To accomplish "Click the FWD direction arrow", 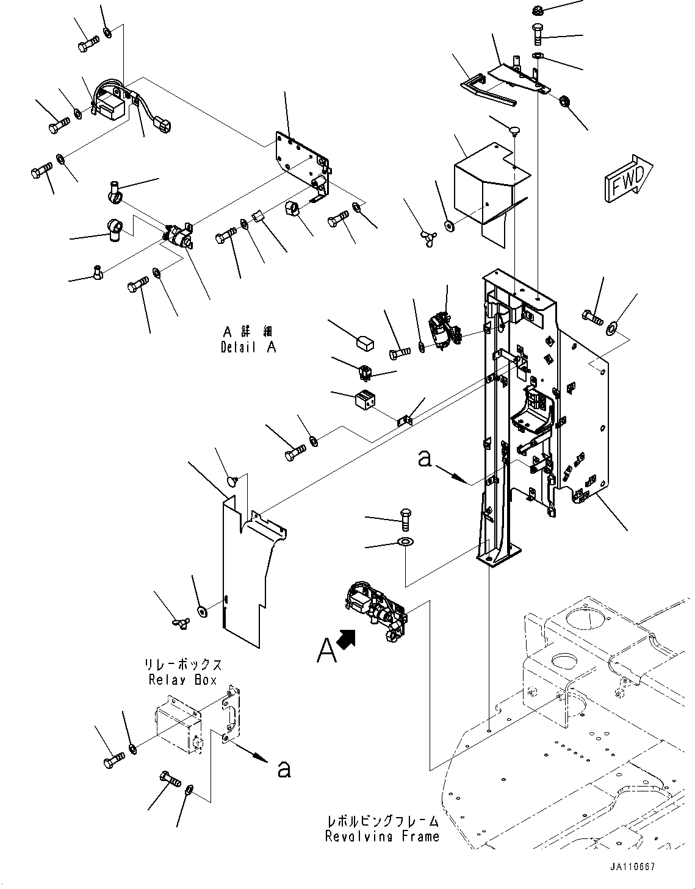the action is click(x=628, y=178).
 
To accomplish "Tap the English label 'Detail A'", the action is click(x=248, y=348).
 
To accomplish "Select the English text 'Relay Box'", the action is click(x=182, y=680).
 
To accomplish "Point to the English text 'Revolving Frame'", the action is click(x=382, y=836).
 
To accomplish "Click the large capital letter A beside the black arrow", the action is click(x=327, y=651).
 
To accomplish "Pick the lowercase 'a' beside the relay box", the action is click(x=284, y=769).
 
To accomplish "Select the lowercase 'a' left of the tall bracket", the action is click(x=425, y=459).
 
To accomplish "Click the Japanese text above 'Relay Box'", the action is click(x=182, y=665).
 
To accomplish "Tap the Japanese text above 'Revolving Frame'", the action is click(x=382, y=821).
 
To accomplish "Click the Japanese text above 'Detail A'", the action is click(x=248, y=331).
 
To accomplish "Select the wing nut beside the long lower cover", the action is click(x=181, y=623).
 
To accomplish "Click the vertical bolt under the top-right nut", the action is click(x=538, y=35).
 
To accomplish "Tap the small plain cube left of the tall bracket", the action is click(x=365, y=343).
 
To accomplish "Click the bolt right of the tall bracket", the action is click(x=592, y=317).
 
